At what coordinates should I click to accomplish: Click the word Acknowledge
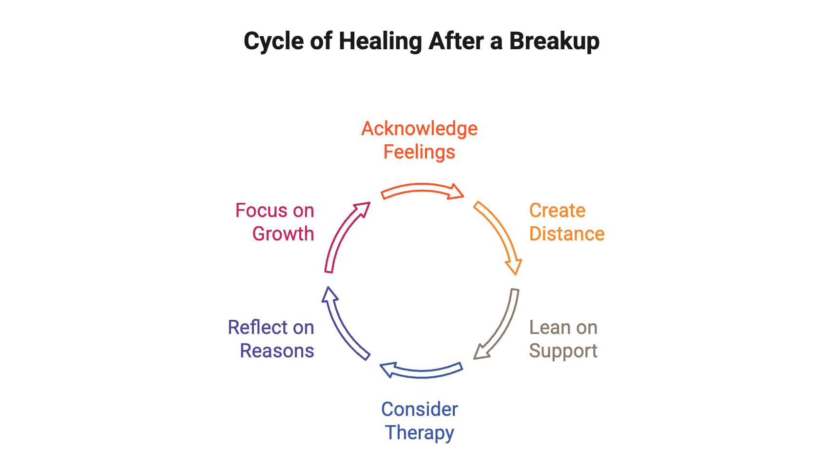tap(419, 129)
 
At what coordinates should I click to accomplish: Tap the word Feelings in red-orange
tap(419, 152)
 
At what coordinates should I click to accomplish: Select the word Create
tap(557, 211)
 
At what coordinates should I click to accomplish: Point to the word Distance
tap(567, 234)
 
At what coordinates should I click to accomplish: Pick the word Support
tap(563, 351)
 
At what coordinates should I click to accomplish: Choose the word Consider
tap(419, 409)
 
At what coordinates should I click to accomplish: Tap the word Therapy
tap(419, 433)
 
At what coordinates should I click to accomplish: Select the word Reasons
tap(277, 351)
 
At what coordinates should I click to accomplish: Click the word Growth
tap(283, 234)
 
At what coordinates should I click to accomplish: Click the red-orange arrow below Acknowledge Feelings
tap(422, 190)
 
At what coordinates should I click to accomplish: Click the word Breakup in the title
tap(554, 41)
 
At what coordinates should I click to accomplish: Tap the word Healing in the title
tap(380, 41)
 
